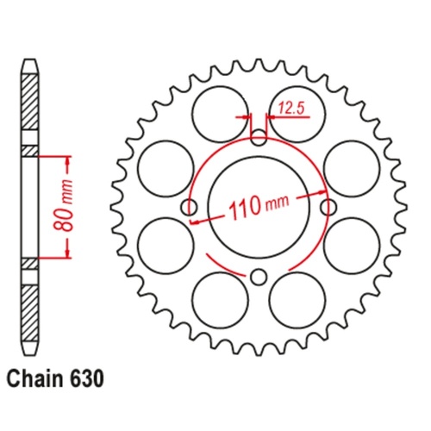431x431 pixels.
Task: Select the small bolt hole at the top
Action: tap(259, 135)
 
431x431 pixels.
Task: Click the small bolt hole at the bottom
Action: tap(259, 276)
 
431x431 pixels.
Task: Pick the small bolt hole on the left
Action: tap(190, 206)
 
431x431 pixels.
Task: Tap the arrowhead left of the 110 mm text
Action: tap(197, 219)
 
